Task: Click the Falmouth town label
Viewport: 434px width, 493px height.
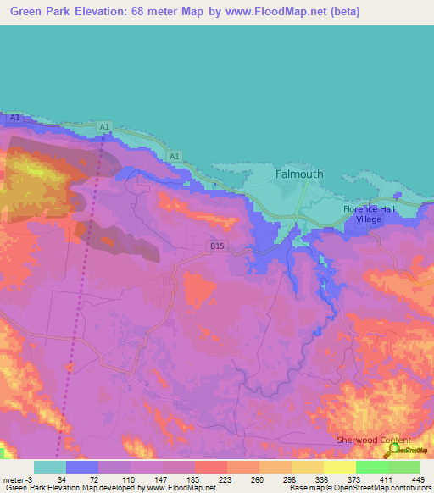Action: pyautogui.click(x=299, y=174)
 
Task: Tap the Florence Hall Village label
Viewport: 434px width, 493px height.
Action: pyautogui.click(x=369, y=213)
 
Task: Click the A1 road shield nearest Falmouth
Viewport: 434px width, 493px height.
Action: pyautogui.click(x=174, y=157)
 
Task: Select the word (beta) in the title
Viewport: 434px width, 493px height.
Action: pyautogui.click(x=344, y=12)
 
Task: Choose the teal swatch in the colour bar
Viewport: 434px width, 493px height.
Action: pyautogui.click(x=50, y=467)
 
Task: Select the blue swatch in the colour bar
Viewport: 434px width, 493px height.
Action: pyautogui.click(x=82, y=467)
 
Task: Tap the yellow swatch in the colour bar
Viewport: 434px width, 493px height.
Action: pyautogui.click(x=339, y=467)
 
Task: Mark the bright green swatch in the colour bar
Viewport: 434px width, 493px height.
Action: pyautogui.click(x=371, y=467)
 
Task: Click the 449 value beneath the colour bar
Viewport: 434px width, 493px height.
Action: pyautogui.click(x=416, y=479)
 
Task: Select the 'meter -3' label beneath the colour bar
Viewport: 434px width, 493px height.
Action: pyautogui.click(x=17, y=479)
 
